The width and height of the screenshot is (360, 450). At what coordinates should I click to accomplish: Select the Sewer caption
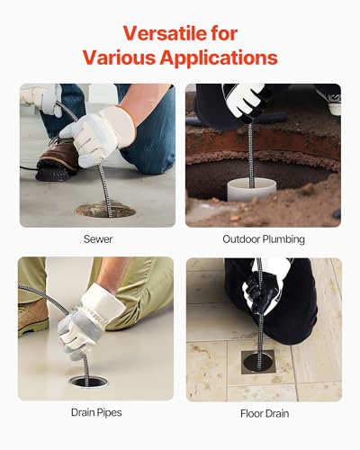click(x=98, y=239)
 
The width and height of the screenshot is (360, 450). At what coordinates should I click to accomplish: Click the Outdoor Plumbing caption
click(x=264, y=239)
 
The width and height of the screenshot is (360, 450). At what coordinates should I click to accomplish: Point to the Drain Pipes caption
click(x=96, y=412)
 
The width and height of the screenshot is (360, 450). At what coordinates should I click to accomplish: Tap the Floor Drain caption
click(x=265, y=414)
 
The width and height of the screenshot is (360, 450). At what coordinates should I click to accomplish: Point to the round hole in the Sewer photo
click(x=105, y=210)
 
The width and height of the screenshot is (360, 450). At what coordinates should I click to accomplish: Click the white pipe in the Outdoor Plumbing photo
click(x=251, y=190)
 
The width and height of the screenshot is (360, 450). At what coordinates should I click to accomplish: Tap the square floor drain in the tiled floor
click(x=258, y=362)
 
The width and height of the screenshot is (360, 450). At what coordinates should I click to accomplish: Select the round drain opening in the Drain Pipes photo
click(x=88, y=382)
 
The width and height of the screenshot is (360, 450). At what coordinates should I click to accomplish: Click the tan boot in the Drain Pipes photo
click(x=32, y=318)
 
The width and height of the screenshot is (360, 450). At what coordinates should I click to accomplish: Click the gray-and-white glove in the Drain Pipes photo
click(x=88, y=321)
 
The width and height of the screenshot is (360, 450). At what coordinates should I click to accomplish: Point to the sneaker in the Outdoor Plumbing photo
click(x=333, y=101)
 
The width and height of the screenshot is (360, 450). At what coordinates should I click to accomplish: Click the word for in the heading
click(x=224, y=33)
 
